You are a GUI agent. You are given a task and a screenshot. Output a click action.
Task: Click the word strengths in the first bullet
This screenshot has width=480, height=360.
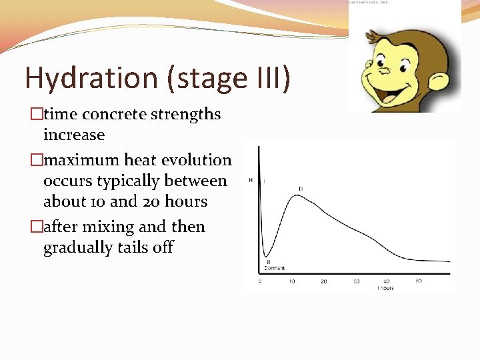point(185,114)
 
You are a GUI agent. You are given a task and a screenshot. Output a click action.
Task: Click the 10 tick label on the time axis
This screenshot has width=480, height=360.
point(291,281)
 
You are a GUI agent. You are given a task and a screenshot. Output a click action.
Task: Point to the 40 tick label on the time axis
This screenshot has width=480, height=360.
point(387,281)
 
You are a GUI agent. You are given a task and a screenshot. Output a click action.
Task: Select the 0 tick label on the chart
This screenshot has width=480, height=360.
point(260,281)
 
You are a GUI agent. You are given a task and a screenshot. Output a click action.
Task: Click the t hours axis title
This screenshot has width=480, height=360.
point(385,288)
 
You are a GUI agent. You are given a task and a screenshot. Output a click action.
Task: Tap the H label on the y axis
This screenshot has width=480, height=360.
point(251,180)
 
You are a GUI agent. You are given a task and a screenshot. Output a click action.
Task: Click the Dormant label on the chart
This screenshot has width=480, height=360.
point(274,268)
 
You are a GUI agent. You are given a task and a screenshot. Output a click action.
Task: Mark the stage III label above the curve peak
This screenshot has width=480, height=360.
point(301,189)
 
